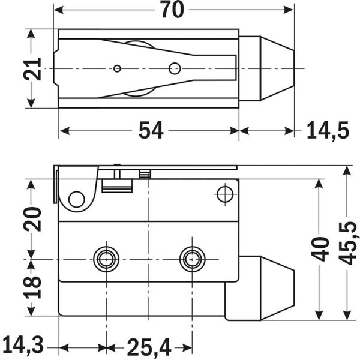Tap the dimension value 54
pos(152,130)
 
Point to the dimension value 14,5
pos(327,130)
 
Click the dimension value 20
pos(34,219)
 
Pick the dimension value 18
pos(34,288)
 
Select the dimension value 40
pos(322,248)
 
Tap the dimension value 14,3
pos(22,346)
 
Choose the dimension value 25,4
pos(148,346)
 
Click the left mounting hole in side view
pos(106,259)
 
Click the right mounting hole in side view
pos(192,259)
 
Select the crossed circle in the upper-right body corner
pos(224,194)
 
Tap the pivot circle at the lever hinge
pos(76,199)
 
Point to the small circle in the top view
pos(118,68)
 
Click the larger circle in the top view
pos(175,68)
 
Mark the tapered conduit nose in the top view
pos(267,68)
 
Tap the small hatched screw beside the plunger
pos(144,175)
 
